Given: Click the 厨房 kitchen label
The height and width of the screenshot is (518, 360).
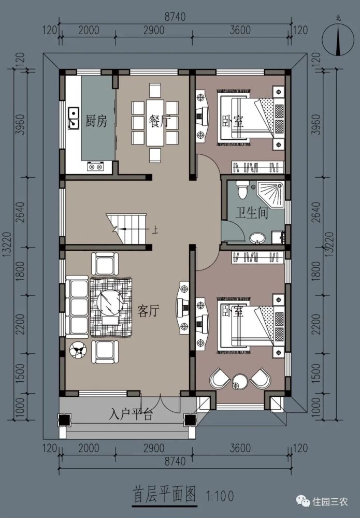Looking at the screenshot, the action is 96,121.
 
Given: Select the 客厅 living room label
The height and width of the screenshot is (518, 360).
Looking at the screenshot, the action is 148,310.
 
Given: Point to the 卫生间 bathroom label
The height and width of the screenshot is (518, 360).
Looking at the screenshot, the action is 251,212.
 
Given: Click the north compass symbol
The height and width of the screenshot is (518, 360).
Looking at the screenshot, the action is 338,40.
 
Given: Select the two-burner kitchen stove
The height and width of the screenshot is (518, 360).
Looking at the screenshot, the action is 95,166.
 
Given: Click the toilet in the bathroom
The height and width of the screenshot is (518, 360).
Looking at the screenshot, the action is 242,189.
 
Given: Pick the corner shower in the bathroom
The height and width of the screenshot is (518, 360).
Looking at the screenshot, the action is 270,195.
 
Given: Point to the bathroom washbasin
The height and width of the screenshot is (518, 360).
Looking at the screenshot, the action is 257,238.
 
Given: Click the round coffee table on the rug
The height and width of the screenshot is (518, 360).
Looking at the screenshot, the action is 110,301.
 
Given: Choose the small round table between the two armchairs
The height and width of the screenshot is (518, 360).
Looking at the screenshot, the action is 240,382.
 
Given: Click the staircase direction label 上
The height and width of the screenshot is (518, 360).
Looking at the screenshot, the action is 154,229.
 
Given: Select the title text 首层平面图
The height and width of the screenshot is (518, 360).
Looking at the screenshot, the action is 164,495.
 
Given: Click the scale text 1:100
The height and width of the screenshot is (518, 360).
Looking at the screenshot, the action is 220,496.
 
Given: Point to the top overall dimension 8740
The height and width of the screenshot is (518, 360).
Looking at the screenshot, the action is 175,17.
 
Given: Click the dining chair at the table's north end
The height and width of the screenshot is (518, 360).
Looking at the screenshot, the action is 155,90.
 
